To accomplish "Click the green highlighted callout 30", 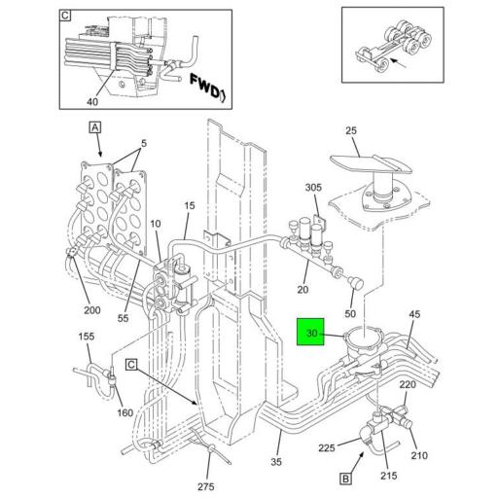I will point(311,334).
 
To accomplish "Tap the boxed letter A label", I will point(95,127).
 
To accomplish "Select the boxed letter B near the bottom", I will point(344,478).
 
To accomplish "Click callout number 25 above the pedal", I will point(351,130).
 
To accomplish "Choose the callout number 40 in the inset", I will point(93,102).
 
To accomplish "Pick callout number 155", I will point(86,336).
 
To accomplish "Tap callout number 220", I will point(408,384).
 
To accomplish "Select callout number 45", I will point(414,314).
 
